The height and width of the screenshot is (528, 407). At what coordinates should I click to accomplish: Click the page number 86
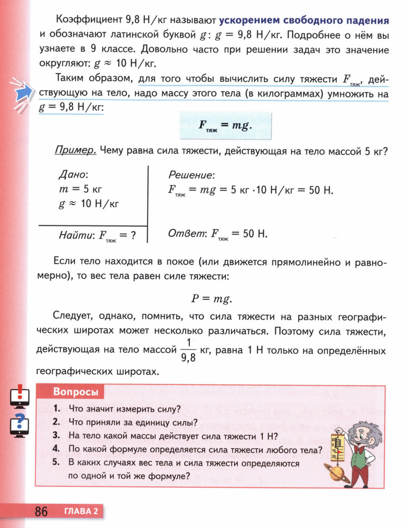click(41, 512)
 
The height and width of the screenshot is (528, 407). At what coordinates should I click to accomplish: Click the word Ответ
click(186, 234)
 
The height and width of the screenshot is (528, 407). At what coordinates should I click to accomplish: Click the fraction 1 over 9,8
click(189, 350)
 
